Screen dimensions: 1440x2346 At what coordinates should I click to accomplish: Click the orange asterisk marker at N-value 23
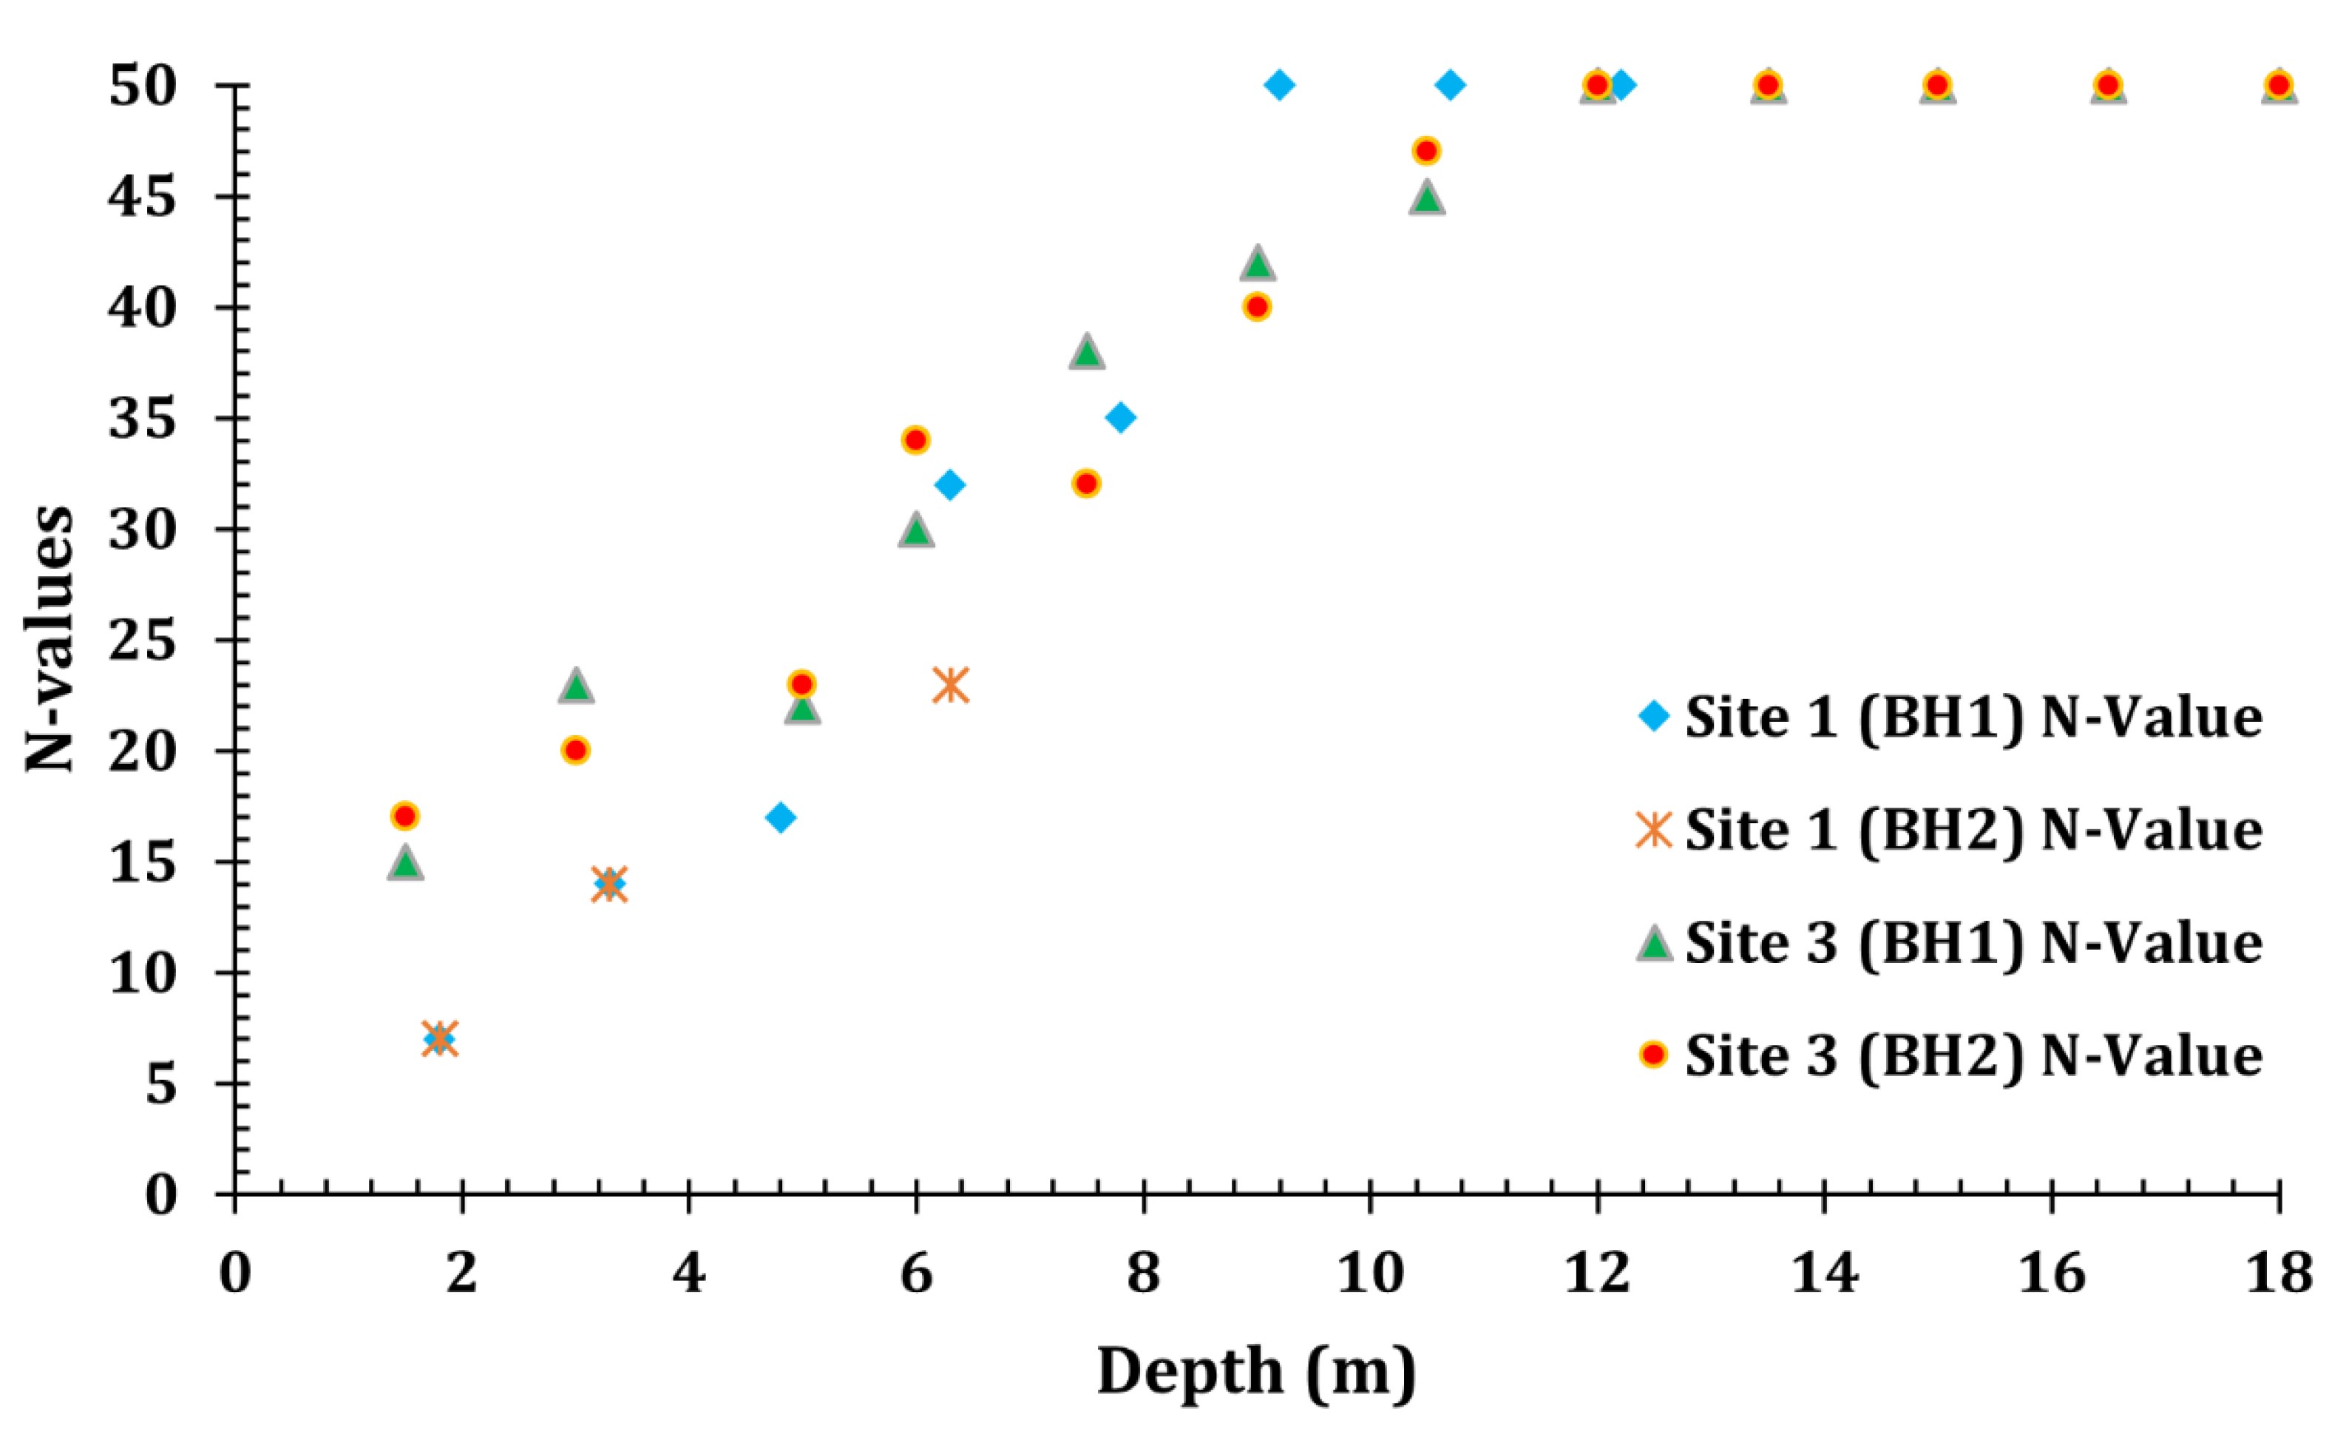point(950,685)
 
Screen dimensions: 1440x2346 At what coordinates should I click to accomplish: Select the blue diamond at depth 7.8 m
point(1121,417)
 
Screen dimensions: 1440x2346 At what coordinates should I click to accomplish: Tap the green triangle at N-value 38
point(1086,351)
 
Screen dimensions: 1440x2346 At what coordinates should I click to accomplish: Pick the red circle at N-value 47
point(1426,150)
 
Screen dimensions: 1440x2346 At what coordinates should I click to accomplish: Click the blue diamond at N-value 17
point(781,817)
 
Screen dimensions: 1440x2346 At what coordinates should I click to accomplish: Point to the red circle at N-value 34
point(915,440)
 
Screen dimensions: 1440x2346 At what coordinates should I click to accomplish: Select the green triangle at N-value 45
point(1426,198)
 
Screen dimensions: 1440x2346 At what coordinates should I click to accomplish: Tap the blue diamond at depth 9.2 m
point(1280,85)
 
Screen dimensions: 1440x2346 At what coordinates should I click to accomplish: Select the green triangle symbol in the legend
point(1655,944)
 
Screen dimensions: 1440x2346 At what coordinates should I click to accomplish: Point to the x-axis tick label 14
point(1824,1274)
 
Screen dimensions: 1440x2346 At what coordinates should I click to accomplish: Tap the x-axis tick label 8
point(1144,1274)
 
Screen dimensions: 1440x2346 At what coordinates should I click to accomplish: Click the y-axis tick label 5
point(162,1084)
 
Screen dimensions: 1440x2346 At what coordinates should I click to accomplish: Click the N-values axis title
point(50,638)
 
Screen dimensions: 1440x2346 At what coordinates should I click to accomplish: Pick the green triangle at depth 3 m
point(575,686)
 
